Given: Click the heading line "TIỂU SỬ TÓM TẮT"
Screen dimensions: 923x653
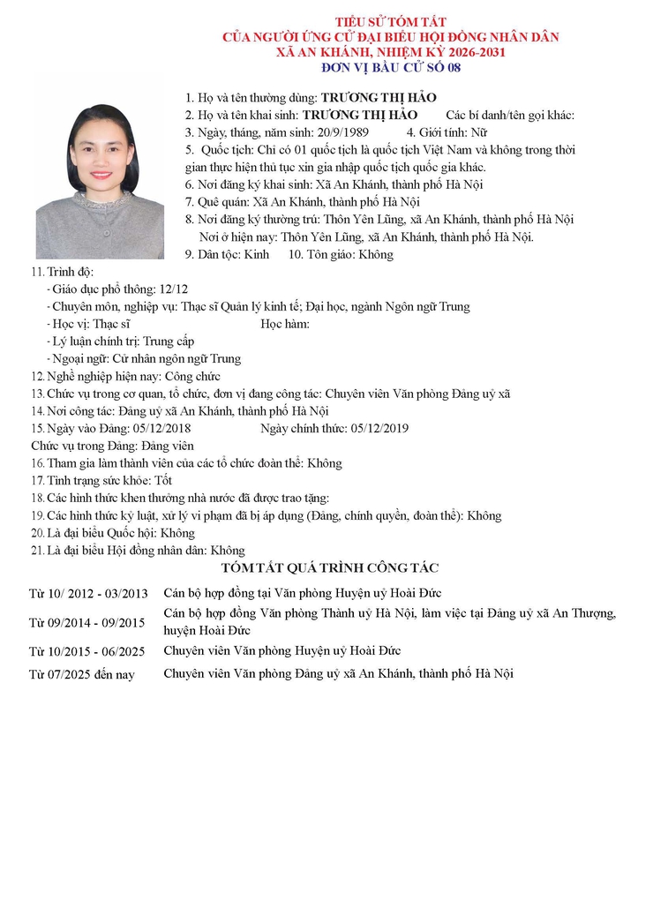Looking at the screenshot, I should (x=390, y=21).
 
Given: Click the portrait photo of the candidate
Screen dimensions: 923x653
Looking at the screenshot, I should (x=100, y=181).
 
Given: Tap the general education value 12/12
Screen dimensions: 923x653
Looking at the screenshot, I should (x=171, y=289).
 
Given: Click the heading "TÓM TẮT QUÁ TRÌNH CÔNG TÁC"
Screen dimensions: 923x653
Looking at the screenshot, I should (x=330, y=568).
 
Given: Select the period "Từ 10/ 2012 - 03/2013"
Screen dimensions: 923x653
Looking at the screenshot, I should (x=88, y=593).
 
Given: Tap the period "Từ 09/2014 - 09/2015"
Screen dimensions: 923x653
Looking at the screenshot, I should (x=86, y=623).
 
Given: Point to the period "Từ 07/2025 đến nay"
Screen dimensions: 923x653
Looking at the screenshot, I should (x=81, y=675).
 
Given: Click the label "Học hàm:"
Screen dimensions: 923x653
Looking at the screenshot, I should (x=285, y=324).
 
